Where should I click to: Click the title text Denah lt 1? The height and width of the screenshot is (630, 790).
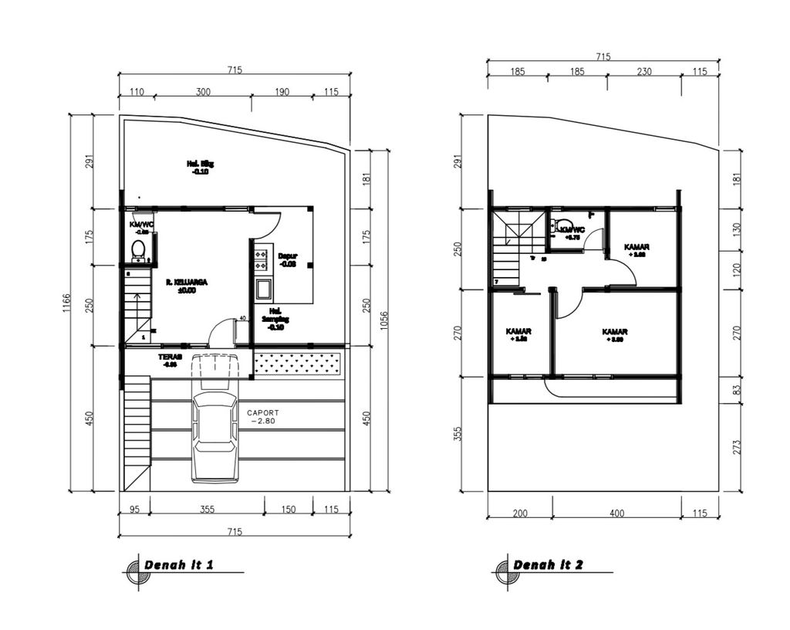click(x=178, y=565)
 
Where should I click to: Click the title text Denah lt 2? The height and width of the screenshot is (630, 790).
click(x=548, y=565)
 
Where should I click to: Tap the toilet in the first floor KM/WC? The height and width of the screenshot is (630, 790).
click(x=138, y=249)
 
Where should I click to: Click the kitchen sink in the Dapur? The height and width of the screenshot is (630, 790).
click(x=263, y=290)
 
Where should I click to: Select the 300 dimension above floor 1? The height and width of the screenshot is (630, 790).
click(x=203, y=92)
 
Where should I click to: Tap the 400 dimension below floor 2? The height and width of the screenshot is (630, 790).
click(x=616, y=513)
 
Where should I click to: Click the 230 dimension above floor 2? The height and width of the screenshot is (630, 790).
click(x=644, y=72)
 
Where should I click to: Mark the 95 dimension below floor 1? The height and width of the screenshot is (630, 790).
click(x=134, y=509)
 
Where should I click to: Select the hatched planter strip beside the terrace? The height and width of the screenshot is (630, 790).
click(x=298, y=362)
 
